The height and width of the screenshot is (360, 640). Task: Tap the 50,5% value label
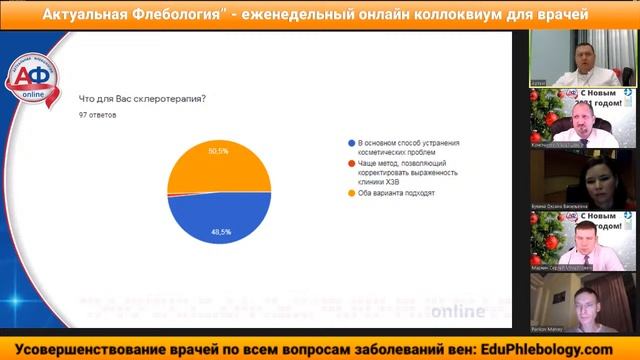[x=218, y=151]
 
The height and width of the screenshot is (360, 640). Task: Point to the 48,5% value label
[x=220, y=231]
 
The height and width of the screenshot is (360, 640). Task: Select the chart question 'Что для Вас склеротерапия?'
[x=141, y=99]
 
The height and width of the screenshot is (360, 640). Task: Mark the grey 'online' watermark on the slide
[x=456, y=311]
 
